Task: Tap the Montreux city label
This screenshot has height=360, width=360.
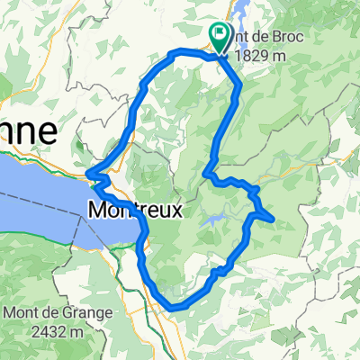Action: pos(135,211)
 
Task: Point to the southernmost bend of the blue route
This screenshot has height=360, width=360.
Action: pos(173,307)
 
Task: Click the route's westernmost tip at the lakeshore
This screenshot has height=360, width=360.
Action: pos(87,175)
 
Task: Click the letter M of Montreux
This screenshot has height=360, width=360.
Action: pos(97,211)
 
